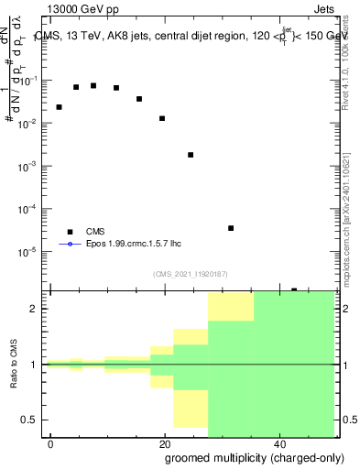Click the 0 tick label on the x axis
point(50,443)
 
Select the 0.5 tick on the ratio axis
point(34,420)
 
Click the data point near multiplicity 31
point(231,228)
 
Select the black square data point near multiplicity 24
point(191,155)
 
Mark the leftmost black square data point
point(59,107)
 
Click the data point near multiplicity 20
point(162,118)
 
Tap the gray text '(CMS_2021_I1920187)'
point(191,274)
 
